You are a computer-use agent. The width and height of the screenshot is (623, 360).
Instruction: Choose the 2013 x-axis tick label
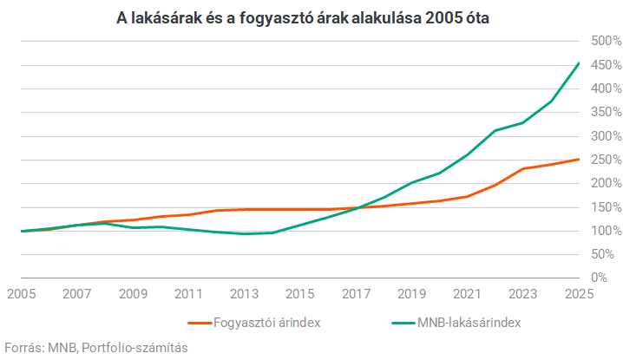(x=243, y=294)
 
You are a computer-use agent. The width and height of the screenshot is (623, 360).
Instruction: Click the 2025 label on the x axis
(x=579, y=294)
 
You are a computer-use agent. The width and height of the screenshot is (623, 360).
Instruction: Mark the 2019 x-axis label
(x=411, y=294)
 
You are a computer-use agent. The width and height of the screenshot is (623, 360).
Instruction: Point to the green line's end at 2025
(x=579, y=62)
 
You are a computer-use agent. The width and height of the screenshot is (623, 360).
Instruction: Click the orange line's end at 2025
(x=579, y=159)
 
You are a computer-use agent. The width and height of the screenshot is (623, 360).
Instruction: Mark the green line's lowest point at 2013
(x=243, y=233)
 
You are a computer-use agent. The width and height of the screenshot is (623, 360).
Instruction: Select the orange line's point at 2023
(x=523, y=168)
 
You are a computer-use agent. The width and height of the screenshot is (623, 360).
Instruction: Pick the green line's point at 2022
(x=495, y=131)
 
